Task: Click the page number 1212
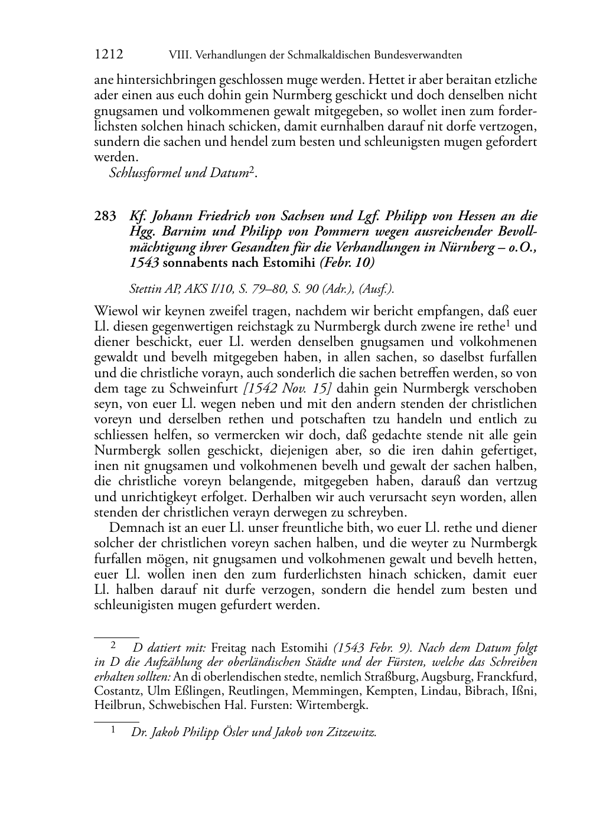pyautogui.click(x=109, y=55)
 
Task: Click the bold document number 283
pyautogui.click(x=106, y=217)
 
